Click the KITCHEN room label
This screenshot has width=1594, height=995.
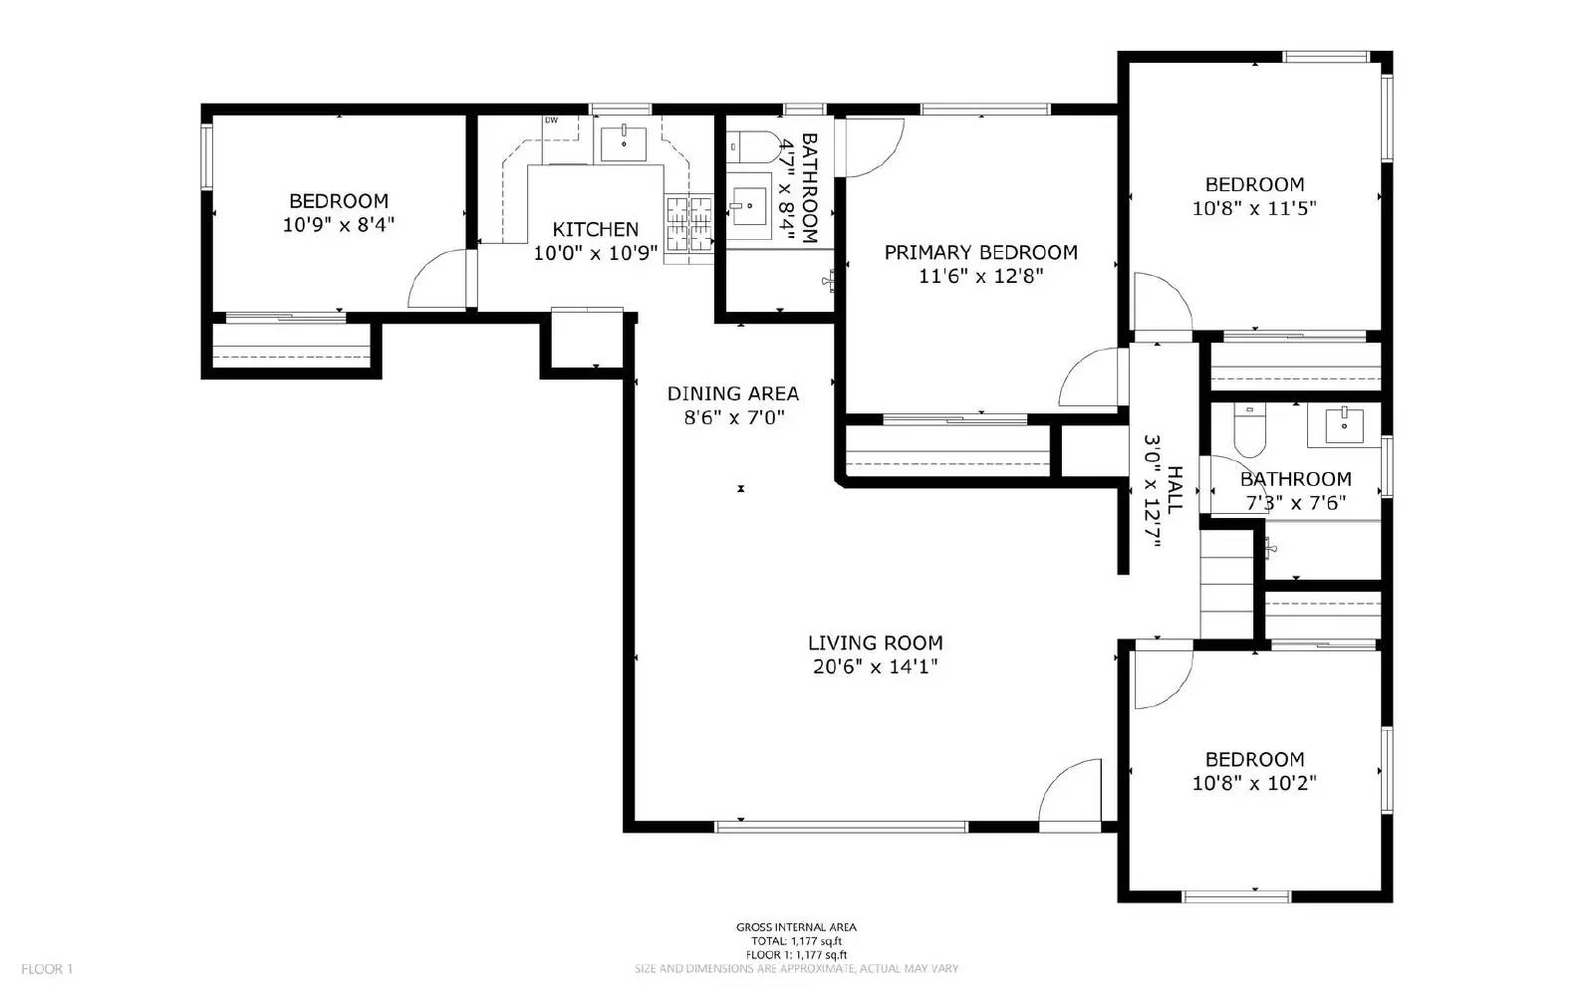point(595,229)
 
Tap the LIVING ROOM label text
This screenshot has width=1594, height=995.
point(875,643)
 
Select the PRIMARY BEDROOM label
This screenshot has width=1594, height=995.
point(980,252)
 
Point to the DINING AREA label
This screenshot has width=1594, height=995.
point(732,393)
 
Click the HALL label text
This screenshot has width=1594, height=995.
point(1176,488)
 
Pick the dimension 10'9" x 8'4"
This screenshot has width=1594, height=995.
point(339,225)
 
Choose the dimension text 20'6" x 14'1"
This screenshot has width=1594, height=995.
point(875,667)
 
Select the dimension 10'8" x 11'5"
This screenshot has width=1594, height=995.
point(1254,209)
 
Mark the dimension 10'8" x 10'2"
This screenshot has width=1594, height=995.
point(1254,784)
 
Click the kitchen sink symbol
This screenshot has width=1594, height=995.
point(624,142)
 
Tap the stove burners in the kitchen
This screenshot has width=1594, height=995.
point(689,222)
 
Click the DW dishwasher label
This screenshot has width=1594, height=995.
point(551,121)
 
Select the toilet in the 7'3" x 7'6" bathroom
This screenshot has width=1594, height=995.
point(1248,430)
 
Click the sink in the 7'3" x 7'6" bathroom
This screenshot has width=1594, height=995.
point(1344,425)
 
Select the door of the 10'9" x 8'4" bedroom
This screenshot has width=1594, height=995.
point(438,279)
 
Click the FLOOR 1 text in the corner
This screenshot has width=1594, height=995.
point(47,968)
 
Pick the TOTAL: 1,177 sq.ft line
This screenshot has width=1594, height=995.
point(796,941)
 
